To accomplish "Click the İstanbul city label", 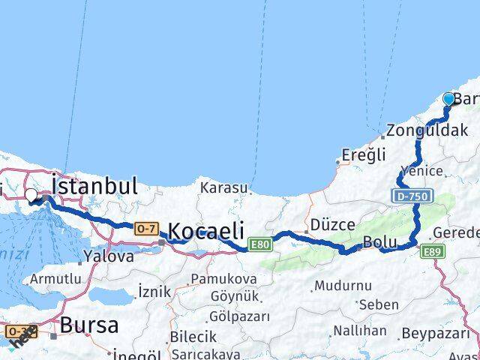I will point(94,186).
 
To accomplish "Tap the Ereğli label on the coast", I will point(363,155).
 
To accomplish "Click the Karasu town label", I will point(223,188).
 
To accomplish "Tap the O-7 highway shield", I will point(146,227).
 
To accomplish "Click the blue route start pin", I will point(449,98).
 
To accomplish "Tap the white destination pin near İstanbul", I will point(31,195).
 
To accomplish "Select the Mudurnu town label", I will point(343,286).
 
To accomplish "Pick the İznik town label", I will point(155,292).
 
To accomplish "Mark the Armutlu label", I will point(54,280).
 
